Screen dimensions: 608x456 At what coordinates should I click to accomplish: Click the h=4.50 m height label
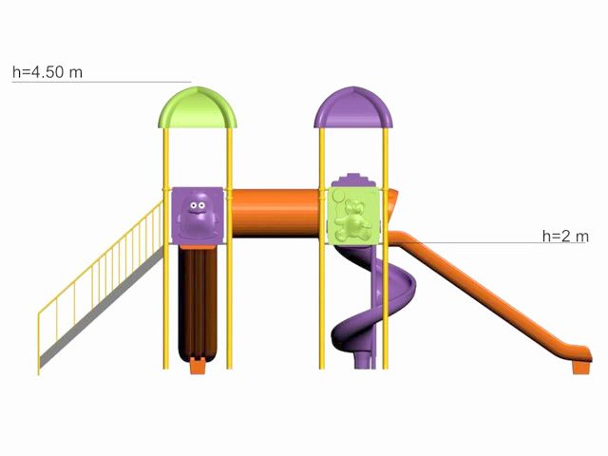pyautogui.click(x=47, y=72)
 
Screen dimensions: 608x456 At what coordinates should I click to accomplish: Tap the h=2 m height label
pyautogui.click(x=565, y=236)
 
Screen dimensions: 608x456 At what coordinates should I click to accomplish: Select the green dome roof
pyautogui.click(x=198, y=107)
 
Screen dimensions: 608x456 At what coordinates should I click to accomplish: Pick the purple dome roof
pyautogui.click(x=353, y=107)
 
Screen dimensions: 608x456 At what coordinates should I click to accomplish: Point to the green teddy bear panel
pyautogui.click(x=352, y=216)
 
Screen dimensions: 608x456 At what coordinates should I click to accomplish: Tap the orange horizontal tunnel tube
pyautogui.click(x=275, y=213)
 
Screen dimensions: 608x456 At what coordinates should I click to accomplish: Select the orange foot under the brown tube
pyautogui.click(x=198, y=366)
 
